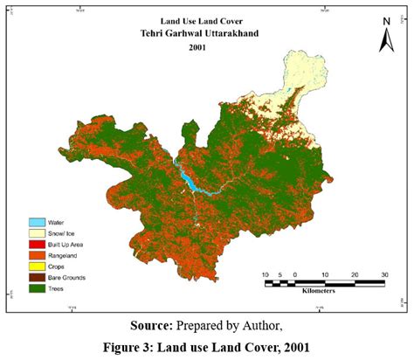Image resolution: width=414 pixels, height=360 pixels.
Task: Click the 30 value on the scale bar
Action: [x=383, y=275]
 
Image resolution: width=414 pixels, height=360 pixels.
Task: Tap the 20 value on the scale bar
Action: [x=354, y=275]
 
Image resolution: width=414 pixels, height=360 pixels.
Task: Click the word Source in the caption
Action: [x=152, y=326]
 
